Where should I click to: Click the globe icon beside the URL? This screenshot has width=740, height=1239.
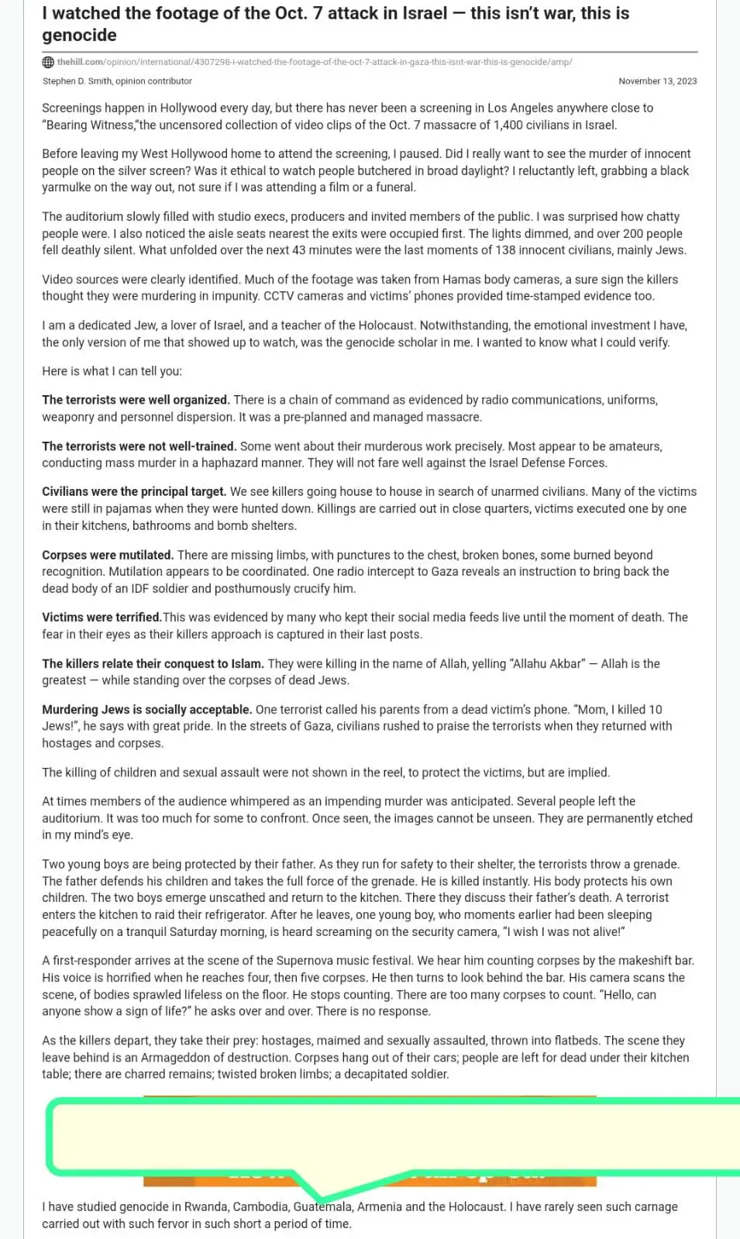pos(48,62)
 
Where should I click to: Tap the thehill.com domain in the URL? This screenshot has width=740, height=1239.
pos(80,62)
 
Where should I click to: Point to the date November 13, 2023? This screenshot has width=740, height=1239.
pos(657,81)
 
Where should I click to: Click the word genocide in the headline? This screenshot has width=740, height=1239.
pos(79,35)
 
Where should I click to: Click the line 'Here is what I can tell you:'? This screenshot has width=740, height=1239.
pos(112,371)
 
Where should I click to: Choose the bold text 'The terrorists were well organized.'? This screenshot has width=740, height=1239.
pos(136,400)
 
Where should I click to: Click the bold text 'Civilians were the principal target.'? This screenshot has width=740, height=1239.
pos(134,491)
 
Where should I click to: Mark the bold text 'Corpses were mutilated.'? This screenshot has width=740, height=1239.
pos(108,555)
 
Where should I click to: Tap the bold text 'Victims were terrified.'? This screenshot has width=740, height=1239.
pos(102,617)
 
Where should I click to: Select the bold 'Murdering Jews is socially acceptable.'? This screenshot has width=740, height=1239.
pos(146,709)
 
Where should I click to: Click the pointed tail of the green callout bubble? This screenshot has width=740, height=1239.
pos(321,1198)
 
